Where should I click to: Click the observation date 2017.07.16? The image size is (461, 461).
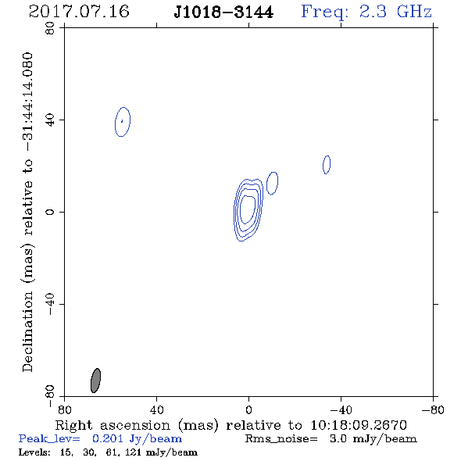79,12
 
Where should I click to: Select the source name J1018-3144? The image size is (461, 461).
223,13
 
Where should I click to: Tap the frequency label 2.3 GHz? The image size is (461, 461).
395,12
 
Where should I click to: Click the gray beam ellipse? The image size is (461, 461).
95,381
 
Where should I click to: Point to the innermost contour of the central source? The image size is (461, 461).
241,209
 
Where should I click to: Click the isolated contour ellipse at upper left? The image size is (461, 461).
116,122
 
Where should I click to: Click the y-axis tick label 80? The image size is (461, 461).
50,28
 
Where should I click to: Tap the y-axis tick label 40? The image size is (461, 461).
50,120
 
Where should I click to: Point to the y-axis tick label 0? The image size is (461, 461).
50,212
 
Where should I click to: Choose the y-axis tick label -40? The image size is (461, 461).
50,304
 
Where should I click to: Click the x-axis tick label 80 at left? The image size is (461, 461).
64,410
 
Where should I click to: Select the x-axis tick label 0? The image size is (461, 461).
248,410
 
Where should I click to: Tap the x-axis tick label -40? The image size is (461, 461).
341,410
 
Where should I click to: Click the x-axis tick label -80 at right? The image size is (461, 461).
433,410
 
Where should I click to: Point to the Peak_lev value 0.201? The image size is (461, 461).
108,438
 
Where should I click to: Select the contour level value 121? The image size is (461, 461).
133,452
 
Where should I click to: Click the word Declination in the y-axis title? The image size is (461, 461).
27,331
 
